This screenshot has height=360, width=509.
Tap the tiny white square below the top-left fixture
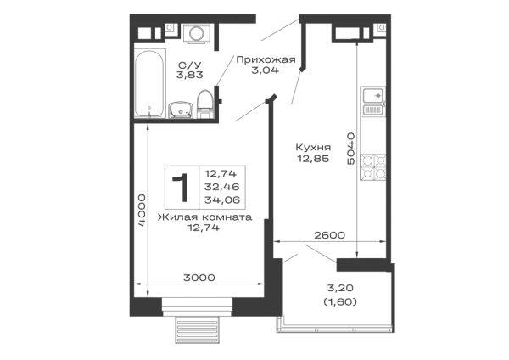pos(207,98)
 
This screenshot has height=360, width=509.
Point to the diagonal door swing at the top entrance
pos(275,35)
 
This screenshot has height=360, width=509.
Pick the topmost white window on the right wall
pos(371,64)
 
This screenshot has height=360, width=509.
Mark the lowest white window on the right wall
pos(371,209)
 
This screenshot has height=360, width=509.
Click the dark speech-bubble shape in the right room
pos(311,154)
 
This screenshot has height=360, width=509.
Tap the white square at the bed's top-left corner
pos(173,173)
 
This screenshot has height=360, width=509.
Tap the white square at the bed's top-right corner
pos(241,173)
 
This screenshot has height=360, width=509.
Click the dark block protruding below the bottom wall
pos(197,331)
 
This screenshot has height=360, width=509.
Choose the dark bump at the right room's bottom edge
pos(329,234)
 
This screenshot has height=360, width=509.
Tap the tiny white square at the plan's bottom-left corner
pos(140,289)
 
